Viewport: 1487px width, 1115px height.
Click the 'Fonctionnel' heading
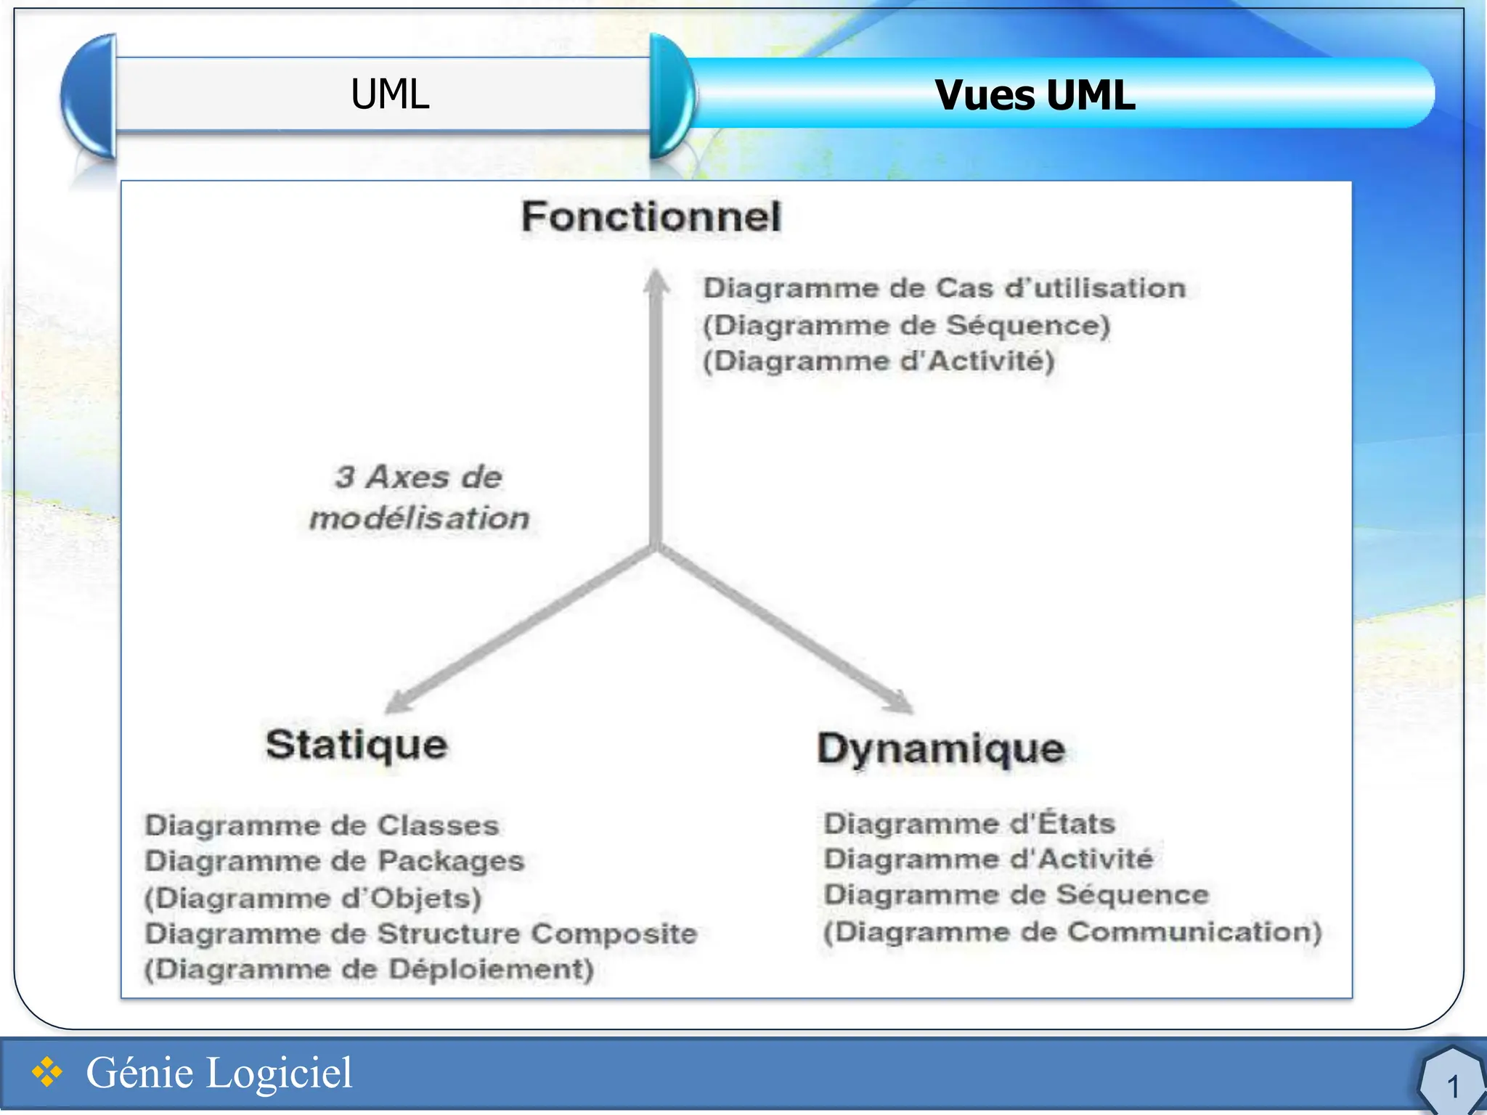tap(651, 217)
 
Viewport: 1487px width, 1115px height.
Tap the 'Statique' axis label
tap(357, 746)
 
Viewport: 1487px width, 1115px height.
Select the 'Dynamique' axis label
tap(941, 748)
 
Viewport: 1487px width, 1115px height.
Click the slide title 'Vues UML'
tap(1035, 95)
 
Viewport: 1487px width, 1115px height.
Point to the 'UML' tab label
tap(390, 94)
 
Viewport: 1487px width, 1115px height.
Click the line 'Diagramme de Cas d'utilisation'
tap(944, 288)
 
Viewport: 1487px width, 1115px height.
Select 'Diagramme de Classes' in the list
tap(322, 825)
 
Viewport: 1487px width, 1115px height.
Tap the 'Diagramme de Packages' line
tap(334, 861)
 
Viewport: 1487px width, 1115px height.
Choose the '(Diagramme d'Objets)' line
tap(313, 898)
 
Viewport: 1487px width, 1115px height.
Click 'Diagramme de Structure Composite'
tap(421, 934)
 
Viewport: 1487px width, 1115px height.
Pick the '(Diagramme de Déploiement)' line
tap(369, 969)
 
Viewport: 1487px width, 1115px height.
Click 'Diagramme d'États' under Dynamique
tap(969, 824)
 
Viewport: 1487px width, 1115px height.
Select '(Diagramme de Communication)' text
tap(1072, 932)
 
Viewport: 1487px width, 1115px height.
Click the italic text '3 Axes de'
tap(418, 477)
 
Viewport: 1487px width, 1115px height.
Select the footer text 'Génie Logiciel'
tap(219, 1073)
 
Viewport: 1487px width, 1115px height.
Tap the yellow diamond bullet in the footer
tap(47, 1072)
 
